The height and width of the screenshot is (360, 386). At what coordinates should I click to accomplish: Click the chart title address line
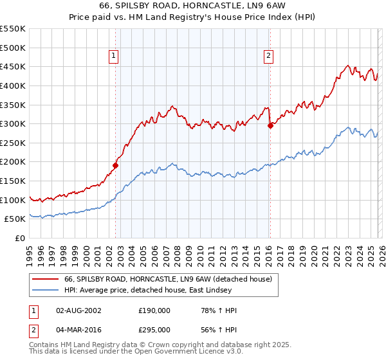point(193,6)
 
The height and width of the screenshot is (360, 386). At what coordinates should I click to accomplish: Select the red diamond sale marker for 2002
point(115,165)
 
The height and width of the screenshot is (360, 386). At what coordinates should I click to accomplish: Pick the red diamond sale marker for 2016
point(270,125)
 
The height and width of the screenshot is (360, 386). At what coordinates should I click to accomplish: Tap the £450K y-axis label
point(13,66)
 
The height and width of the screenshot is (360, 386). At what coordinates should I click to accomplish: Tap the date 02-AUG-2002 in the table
point(78,310)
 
